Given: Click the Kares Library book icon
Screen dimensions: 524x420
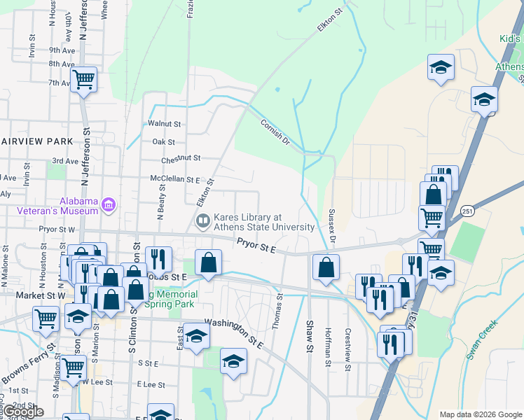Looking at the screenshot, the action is pos(203,222).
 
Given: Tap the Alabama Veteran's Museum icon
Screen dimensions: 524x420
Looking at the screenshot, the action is pos(109,205).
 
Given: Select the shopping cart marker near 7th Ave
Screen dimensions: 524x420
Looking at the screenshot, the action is pos(83,79).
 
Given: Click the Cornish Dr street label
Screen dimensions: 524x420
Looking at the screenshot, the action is pos(275,131).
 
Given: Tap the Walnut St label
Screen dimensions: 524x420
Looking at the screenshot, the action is pos(165,123).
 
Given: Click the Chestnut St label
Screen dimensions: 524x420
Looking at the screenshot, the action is pos(181,160).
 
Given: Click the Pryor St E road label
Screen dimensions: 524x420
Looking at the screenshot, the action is pos(256,245).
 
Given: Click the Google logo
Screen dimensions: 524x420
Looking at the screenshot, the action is pos(23,412).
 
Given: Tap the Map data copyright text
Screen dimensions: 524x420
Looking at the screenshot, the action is pos(481,414).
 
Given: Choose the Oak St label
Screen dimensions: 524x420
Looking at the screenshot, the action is pos(163,141).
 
